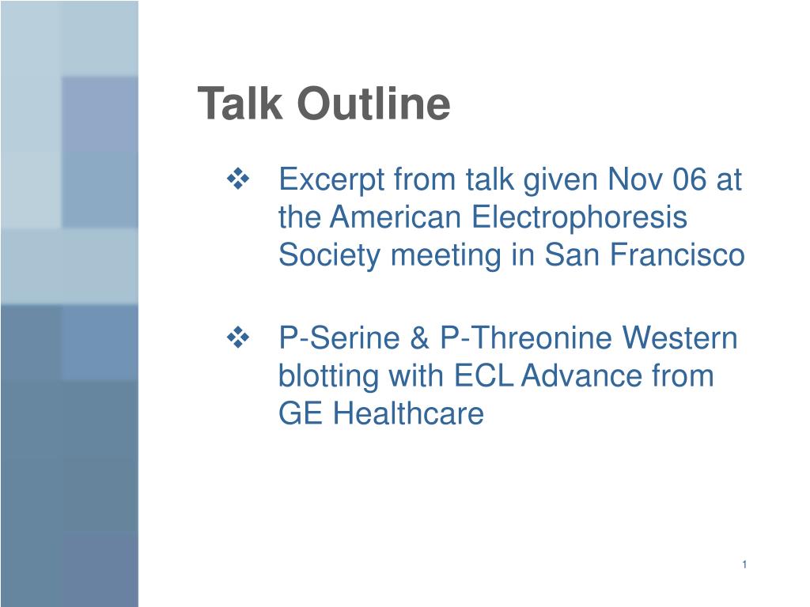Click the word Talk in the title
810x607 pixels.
[240, 104]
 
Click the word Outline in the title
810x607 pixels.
[373, 104]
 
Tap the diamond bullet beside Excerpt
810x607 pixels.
[238, 179]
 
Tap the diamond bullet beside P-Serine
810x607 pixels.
[238, 338]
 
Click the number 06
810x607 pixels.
[689, 179]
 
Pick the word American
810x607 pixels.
[396, 217]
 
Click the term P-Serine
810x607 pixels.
[339, 337]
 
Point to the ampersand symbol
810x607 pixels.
[420, 337]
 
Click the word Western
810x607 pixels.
[679, 337]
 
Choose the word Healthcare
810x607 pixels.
[408, 413]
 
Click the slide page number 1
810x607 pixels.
[744, 564]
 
